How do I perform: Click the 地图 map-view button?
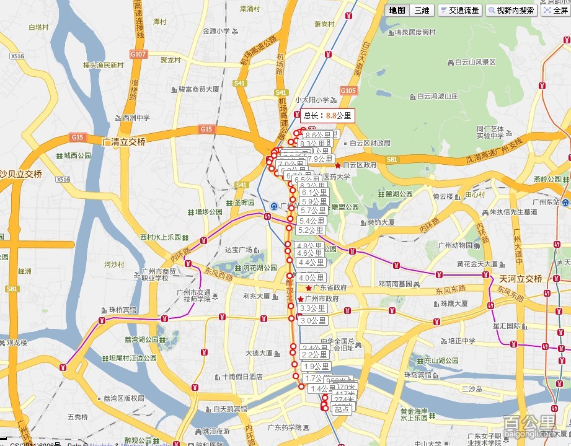(x=397, y=10)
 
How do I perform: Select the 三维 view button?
(x=422, y=10)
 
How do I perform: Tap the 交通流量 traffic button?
(x=459, y=10)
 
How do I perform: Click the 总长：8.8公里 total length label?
(x=327, y=115)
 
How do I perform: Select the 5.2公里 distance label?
(x=311, y=230)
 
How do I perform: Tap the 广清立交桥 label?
(x=124, y=142)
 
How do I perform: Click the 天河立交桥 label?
(x=521, y=277)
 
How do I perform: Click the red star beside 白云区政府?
(x=337, y=165)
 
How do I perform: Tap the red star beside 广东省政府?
(x=308, y=288)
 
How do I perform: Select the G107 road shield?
(x=138, y=54)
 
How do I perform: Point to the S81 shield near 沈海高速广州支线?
(x=391, y=160)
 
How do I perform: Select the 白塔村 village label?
(x=38, y=27)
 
